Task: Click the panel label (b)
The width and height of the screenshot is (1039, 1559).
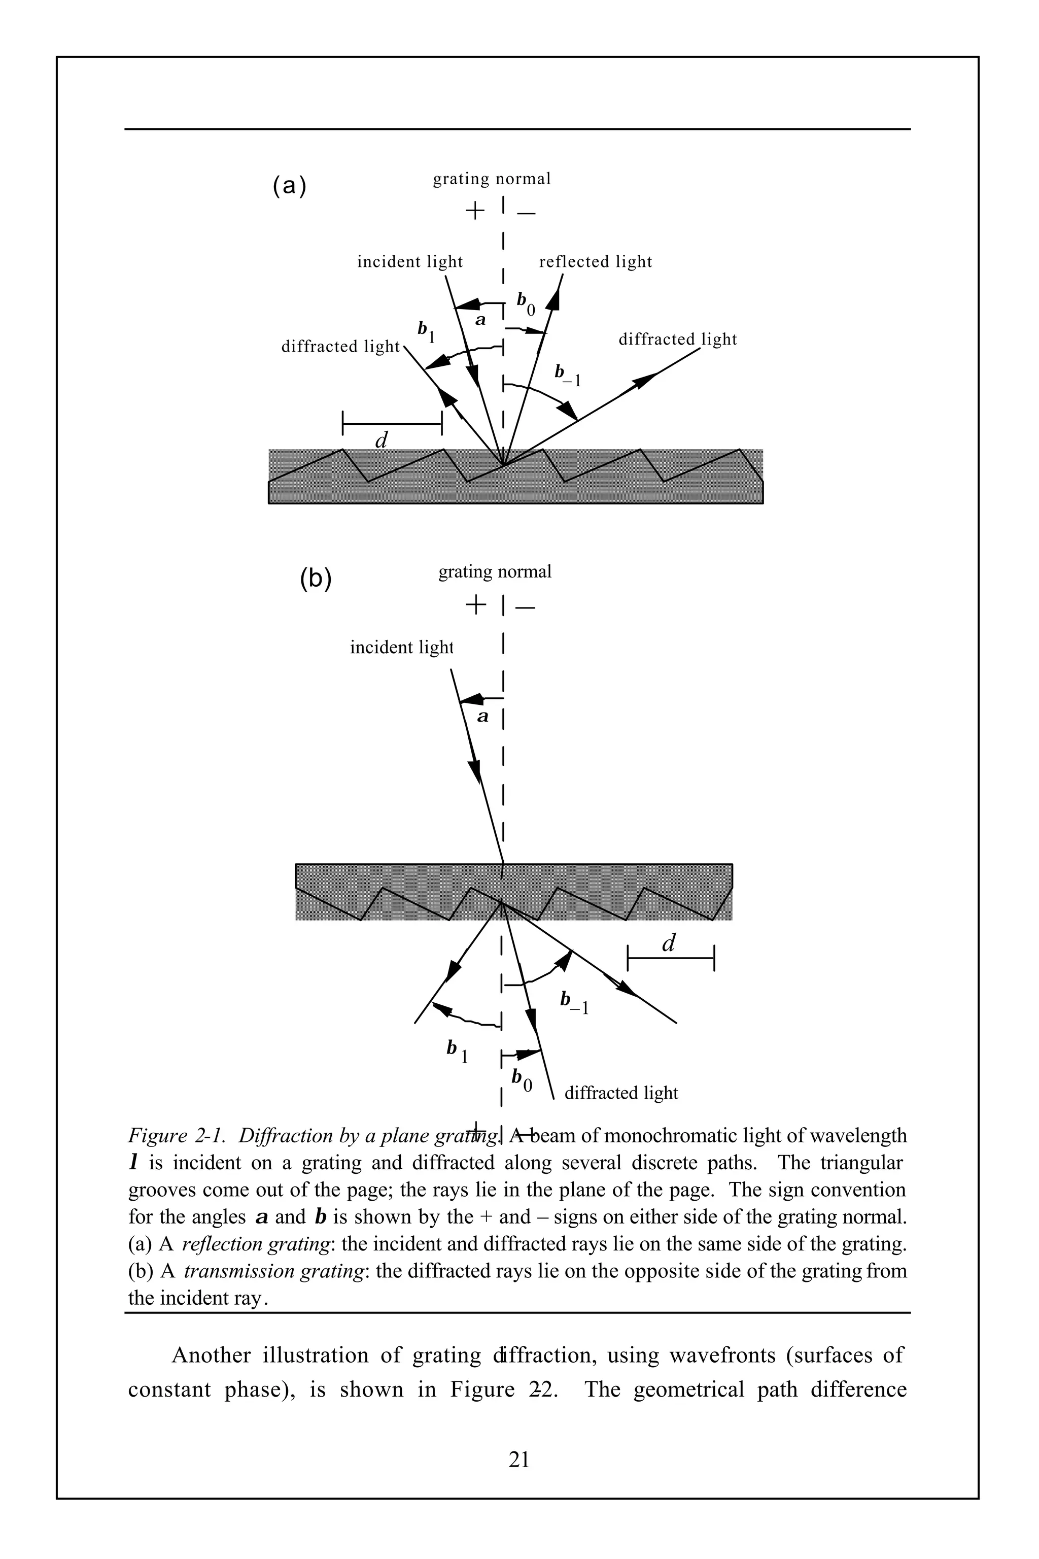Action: click(316, 579)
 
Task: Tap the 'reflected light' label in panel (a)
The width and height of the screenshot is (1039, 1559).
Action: click(596, 262)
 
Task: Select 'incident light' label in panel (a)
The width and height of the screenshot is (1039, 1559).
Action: click(409, 262)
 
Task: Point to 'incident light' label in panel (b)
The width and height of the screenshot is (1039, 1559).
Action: click(401, 647)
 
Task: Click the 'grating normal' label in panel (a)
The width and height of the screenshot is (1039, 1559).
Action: click(492, 179)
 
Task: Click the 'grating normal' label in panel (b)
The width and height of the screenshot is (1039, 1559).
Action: click(494, 572)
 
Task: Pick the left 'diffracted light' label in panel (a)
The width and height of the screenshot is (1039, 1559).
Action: click(340, 347)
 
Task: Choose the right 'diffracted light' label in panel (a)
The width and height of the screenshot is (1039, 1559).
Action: click(677, 340)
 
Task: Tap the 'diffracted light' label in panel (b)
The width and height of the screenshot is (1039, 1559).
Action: click(621, 1093)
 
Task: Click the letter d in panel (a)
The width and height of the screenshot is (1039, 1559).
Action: click(382, 440)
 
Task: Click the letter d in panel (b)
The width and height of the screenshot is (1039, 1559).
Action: click(669, 943)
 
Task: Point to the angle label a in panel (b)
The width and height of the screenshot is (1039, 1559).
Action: click(483, 717)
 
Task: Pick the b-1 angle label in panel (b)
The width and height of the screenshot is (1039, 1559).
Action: click(574, 1002)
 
